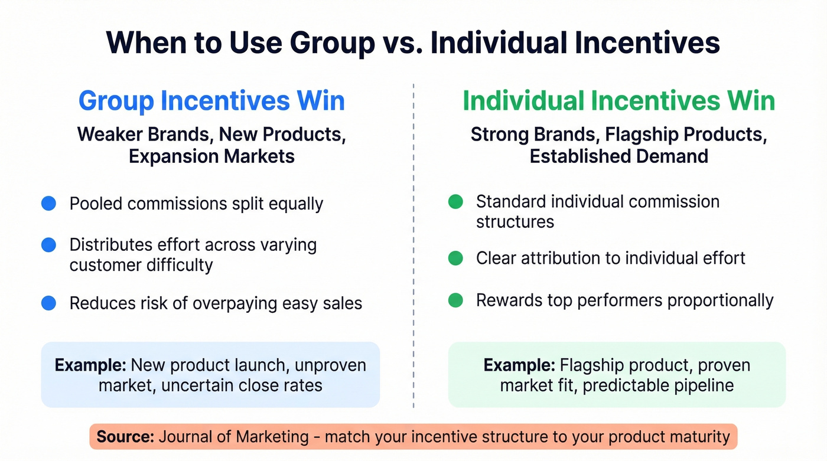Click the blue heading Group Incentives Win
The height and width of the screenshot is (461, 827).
pyautogui.click(x=211, y=101)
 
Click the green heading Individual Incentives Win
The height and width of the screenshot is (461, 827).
pyautogui.click(x=618, y=101)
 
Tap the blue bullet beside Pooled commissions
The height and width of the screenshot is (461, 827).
pyautogui.click(x=48, y=204)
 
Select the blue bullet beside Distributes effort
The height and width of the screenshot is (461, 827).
pyautogui.click(x=48, y=244)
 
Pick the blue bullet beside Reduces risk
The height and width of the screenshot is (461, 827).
pyautogui.click(x=48, y=303)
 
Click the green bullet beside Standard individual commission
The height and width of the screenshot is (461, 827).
pyautogui.click(x=455, y=202)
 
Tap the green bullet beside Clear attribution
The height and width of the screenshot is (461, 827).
pyautogui.click(x=455, y=258)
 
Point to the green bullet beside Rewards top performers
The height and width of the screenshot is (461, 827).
pyautogui.click(x=455, y=300)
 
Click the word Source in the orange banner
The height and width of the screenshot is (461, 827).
pyautogui.click(x=125, y=437)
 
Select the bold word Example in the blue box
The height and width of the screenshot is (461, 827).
pyautogui.click(x=90, y=365)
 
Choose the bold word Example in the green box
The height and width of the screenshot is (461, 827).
pyautogui.click(x=519, y=365)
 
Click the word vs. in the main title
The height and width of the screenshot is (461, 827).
pyautogui.click(x=402, y=42)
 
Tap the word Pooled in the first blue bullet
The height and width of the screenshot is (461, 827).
pyautogui.click(x=97, y=204)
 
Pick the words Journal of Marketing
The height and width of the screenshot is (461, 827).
pyautogui.click(x=235, y=437)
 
